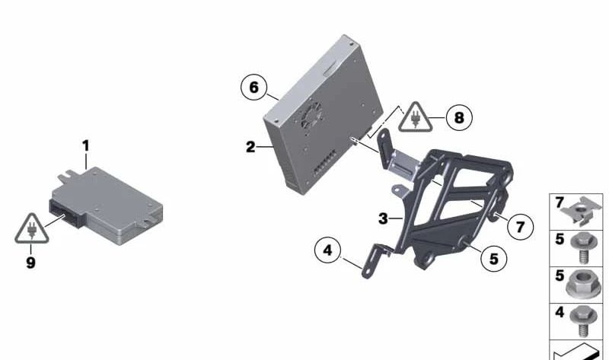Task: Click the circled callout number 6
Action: point(253,88)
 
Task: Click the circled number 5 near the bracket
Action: point(493,259)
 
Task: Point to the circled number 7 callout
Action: point(520,226)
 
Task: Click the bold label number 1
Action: point(86,144)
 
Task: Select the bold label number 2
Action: point(250,147)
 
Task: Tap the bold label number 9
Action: point(30,266)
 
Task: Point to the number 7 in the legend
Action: point(559,203)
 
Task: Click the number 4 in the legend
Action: point(559,312)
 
